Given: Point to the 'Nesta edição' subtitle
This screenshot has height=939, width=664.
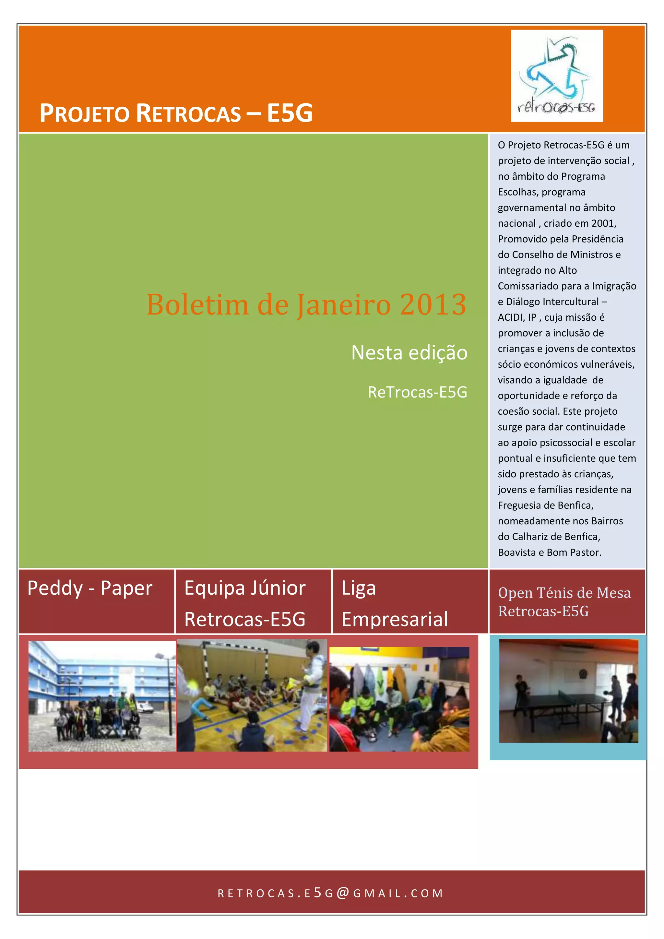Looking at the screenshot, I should (409, 352).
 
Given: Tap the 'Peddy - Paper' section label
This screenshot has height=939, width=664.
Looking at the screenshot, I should (89, 588).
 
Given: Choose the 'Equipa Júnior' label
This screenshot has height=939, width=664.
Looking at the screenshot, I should (244, 588).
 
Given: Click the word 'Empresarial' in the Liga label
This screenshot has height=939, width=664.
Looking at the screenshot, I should (395, 619).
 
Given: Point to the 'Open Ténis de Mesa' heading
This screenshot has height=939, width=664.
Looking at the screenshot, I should (564, 593).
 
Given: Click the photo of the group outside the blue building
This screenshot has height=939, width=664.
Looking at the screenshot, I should (102, 696).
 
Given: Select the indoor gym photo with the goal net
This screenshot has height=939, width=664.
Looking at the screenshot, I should (252, 695).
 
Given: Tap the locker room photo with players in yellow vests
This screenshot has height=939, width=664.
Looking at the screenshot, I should (399, 699).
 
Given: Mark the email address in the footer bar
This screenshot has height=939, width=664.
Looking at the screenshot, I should (331, 893).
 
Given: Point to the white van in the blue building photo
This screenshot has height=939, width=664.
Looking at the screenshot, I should (145, 708).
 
